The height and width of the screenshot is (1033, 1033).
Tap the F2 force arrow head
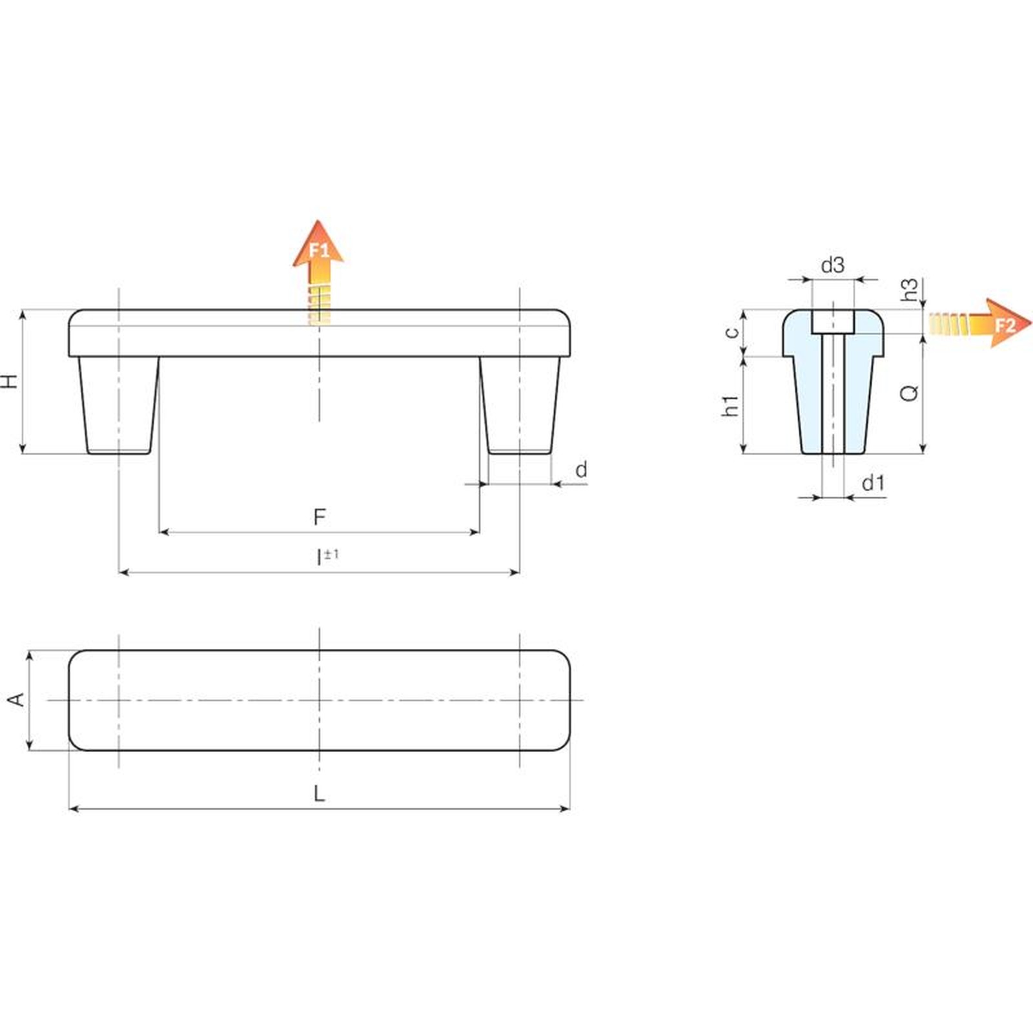[x=1004, y=323]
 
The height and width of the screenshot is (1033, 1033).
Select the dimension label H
[x=10, y=381]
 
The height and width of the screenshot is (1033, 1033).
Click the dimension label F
[x=320, y=516]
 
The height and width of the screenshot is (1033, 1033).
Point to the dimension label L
[x=320, y=793]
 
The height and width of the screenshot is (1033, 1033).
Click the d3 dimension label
[x=833, y=265]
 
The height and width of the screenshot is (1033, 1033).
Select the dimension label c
[x=731, y=332]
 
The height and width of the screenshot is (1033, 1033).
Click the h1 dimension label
[x=730, y=406]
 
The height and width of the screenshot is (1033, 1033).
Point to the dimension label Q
[x=909, y=392]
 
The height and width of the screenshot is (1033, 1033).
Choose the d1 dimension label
[x=873, y=482]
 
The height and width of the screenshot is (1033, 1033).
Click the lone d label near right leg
[x=581, y=469]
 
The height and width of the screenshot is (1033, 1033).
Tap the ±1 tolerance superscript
[x=332, y=554]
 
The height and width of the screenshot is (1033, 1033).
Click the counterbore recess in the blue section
[x=833, y=322]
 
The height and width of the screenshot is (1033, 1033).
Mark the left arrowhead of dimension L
[x=73, y=808]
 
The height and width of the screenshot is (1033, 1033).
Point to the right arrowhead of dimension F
[x=475, y=532]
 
